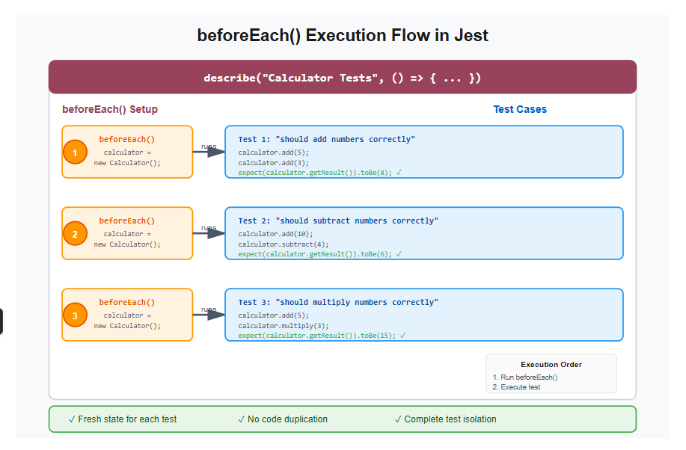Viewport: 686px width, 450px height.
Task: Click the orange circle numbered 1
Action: coord(75,152)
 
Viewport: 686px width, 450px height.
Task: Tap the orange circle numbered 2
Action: coord(75,234)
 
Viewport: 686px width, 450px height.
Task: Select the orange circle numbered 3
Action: coord(75,315)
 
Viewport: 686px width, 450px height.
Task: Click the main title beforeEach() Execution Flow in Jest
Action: coord(343,35)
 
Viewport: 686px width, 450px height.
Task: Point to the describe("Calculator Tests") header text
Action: coord(343,78)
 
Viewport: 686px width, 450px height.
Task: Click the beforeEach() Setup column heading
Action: coord(110,109)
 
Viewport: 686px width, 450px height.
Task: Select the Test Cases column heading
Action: coord(520,109)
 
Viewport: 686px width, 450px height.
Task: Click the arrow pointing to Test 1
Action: coord(209,152)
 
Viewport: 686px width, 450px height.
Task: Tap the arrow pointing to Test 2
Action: coord(209,233)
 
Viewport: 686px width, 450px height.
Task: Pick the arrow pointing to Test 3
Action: coord(209,315)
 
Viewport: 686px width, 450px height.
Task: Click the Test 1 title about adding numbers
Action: coord(326,139)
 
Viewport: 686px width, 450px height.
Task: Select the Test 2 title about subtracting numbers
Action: coord(338,221)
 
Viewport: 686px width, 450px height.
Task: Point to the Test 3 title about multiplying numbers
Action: coord(338,302)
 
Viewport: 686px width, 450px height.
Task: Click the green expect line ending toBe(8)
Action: coord(320,172)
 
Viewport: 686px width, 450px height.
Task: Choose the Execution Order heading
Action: coord(551,365)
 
